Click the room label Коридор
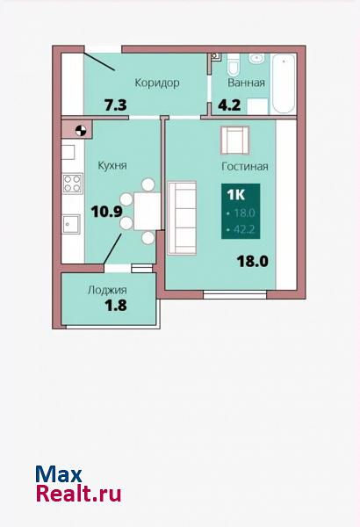[x=157, y=83]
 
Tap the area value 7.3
[x=116, y=105]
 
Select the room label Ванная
[x=247, y=83]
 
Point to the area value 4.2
[x=229, y=105]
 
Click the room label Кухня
[x=112, y=165]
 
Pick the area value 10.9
[x=106, y=212]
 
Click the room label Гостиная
[x=245, y=166]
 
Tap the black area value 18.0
[x=253, y=261]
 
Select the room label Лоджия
[x=107, y=290]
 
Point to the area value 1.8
[x=116, y=306]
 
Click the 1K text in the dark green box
[x=236, y=195]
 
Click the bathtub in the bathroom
[x=284, y=84]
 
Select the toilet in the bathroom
[x=233, y=65]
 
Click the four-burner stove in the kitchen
[x=72, y=184]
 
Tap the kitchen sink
[x=71, y=224]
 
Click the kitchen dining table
[x=147, y=211]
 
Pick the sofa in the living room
[x=182, y=218]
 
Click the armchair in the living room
[x=235, y=141]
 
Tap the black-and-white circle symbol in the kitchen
[x=80, y=130]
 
